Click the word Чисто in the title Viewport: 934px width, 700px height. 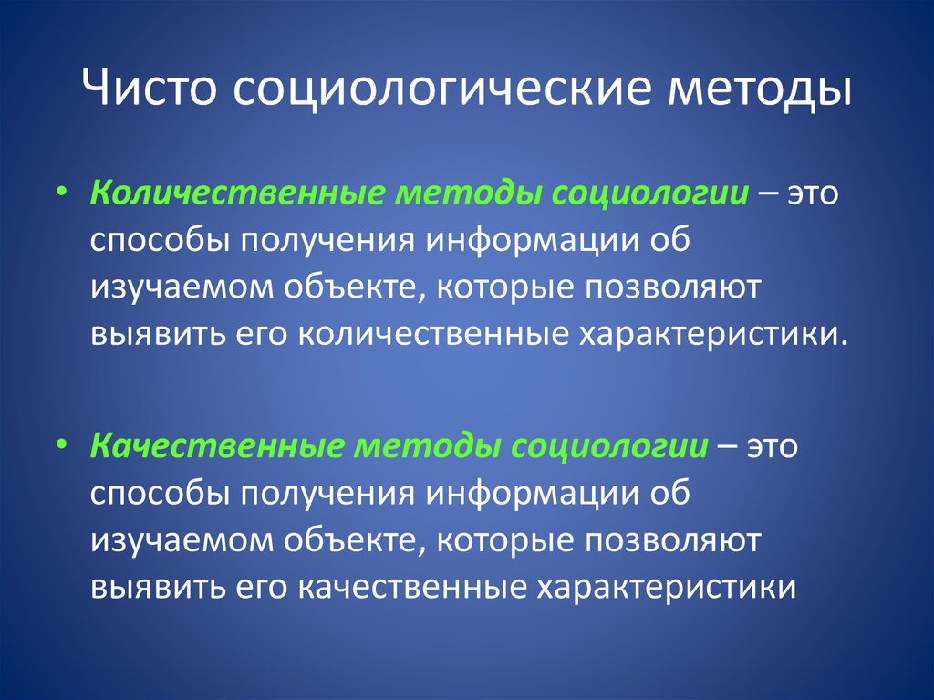tap(147, 89)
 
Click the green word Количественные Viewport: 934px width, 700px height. tap(234, 193)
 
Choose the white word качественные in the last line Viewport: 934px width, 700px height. tap(411, 588)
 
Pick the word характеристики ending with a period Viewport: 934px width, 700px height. tap(713, 336)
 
